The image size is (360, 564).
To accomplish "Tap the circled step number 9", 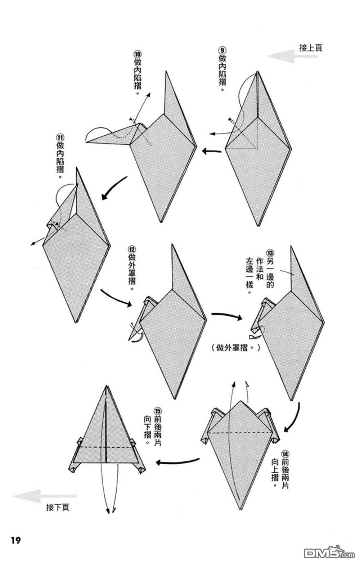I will [x=222, y=50].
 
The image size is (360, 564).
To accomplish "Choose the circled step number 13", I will [x=270, y=252].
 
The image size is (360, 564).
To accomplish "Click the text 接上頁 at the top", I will [x=311, y=48].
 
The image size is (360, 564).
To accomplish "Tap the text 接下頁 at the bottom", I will [x=58, y=507].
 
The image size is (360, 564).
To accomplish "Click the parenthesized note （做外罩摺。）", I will [x=234, y=348].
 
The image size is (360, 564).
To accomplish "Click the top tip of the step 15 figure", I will [x=107, y=387].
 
